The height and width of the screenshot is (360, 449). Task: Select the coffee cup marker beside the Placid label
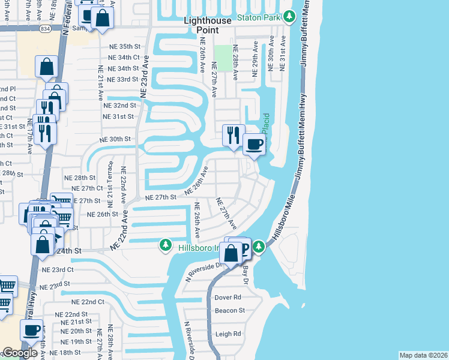click(x=254, y=145)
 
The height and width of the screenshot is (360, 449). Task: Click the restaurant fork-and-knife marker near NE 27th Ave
click(x=234, y=134)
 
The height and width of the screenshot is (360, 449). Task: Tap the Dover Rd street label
click(x=228, y=298)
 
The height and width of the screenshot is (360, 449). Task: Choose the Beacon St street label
click(x=230, y=311)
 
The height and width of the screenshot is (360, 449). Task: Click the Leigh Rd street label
click(x=228, y=334)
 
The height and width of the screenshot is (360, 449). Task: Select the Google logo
click(x=19, y=353)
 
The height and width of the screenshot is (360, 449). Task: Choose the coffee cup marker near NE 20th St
click(x=33, y=329)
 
